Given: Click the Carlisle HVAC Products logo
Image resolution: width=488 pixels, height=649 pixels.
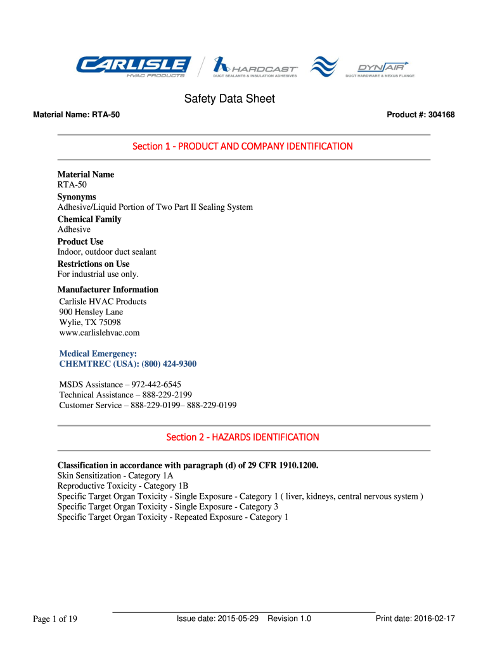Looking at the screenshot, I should click(x=133, y=67).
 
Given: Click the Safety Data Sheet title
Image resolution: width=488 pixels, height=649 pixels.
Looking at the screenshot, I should click(x=229, y=99).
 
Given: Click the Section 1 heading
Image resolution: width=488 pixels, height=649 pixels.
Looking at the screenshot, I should click(x=243, y=146).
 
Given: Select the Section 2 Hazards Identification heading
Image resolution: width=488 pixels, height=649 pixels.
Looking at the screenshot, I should click(x=243, y=437).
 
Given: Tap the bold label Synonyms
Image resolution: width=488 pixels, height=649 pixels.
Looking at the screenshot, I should click(x=77, y=197).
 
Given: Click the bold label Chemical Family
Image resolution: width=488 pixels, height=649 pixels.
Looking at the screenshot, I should click(x=89, y=219).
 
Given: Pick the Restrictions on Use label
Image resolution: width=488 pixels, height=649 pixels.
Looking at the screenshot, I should click(x=93, y=264).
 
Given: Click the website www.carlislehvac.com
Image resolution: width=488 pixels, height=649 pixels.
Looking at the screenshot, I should click(x=99, y=332).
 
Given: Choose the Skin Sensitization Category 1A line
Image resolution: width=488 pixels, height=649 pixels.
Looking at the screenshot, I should click(x=115, y=475).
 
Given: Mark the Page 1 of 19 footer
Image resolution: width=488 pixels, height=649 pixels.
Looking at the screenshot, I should click(x=55, y=619).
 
